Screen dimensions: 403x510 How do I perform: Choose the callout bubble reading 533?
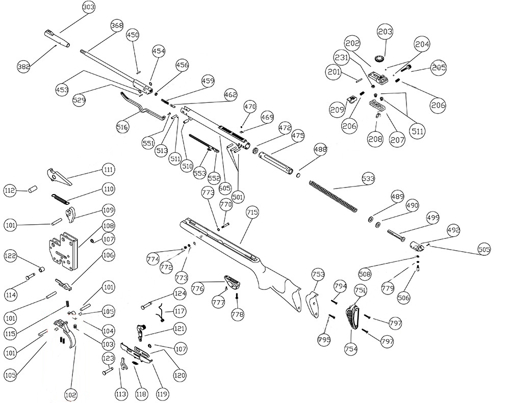367,179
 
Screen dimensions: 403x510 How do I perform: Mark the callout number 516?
122,127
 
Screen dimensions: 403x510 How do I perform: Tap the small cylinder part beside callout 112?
32,190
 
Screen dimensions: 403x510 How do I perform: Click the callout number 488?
320,150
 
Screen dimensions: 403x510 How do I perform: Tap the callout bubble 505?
484,249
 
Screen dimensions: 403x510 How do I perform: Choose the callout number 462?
230,94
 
